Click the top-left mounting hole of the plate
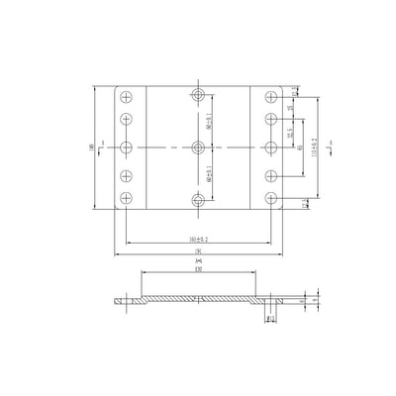pyautogui.click(x=127, y=96)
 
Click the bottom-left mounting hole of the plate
pyautogui.click(x=127, y=199)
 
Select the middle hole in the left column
pyautogui.click(x=127, y=148)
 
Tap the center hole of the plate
pyautogui.click(x=199, y=148)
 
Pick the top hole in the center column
pyautogui.click(x=199, y=96)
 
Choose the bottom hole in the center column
pyautogui.click(x=199, y=199)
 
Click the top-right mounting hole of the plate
pyautogui.click(x=271, y=96)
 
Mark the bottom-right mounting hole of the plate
pyautogui.click(x=271, y=199)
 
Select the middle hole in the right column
pyautogui.click(x=271, y=148)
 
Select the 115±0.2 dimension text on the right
pyautogui.click(x=314, y=148)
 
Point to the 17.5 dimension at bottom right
pyautogui.click(x=304, y=203)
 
